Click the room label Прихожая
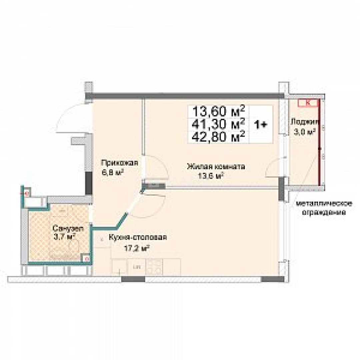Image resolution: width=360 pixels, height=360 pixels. (x=119, y=163)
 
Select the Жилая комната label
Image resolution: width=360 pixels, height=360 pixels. (x=216, y=167)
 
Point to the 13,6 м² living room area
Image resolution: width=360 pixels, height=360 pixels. (x=211, y=176)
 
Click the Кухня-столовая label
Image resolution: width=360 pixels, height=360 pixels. (x=137, y=238)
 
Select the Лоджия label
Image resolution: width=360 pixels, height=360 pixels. (x=304, y=122)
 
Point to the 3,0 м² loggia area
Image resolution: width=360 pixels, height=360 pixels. (x=304, y=132)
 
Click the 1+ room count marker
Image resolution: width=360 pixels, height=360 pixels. (x=260, y=124)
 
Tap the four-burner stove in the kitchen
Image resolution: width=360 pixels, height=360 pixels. (x=154, y=267)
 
